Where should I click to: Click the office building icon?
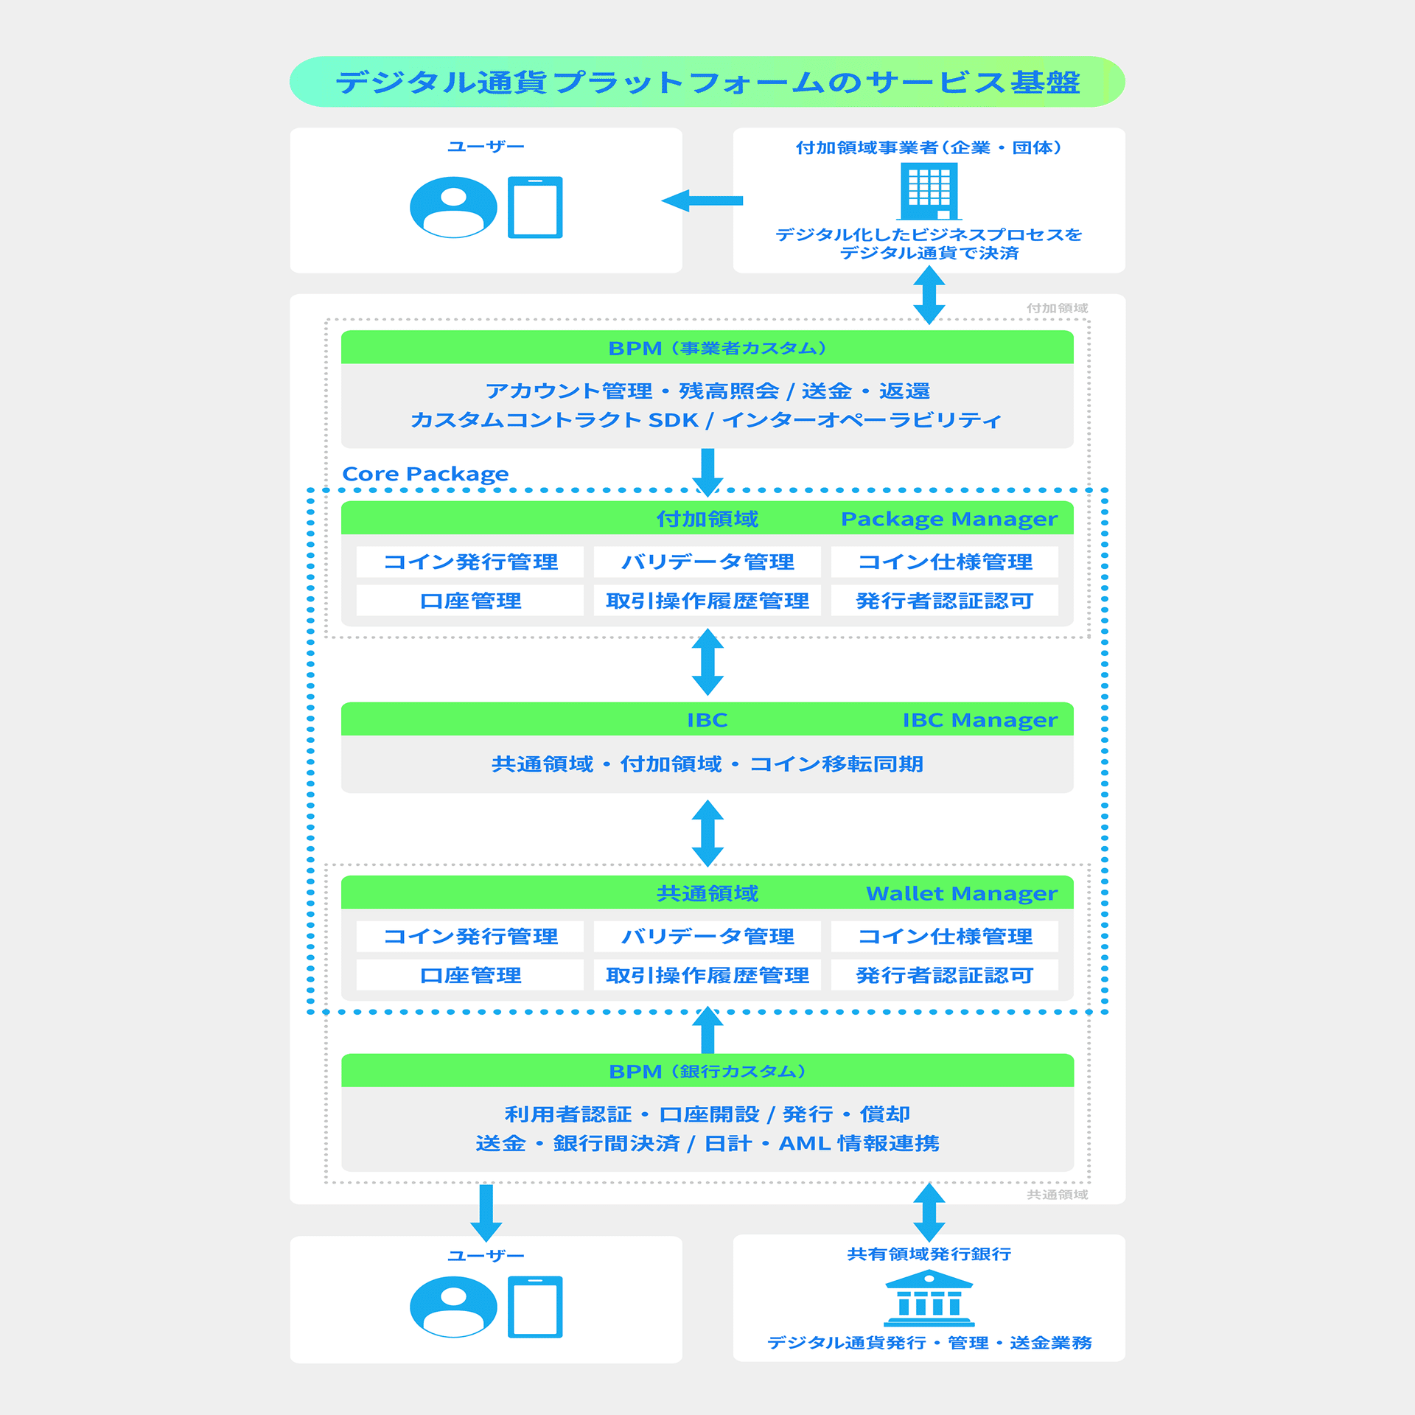929,191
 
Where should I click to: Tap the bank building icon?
929,1299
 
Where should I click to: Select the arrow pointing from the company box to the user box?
702,200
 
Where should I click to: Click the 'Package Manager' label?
948,519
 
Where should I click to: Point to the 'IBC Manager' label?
979,719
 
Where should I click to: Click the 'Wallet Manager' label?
961,893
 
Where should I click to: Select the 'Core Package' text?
425,473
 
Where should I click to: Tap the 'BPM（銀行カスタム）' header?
707,1071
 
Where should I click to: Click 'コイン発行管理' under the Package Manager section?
470,562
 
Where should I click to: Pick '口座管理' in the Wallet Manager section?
470,975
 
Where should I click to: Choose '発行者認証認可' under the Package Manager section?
944,601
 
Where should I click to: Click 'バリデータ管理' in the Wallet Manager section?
707,936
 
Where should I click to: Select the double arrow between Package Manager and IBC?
707,662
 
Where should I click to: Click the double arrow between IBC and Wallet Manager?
707,834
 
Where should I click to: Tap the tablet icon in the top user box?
535,207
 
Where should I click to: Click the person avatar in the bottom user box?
453,1307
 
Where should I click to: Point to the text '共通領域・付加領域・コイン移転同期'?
707,764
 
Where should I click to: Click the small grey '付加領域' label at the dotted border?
1057,308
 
